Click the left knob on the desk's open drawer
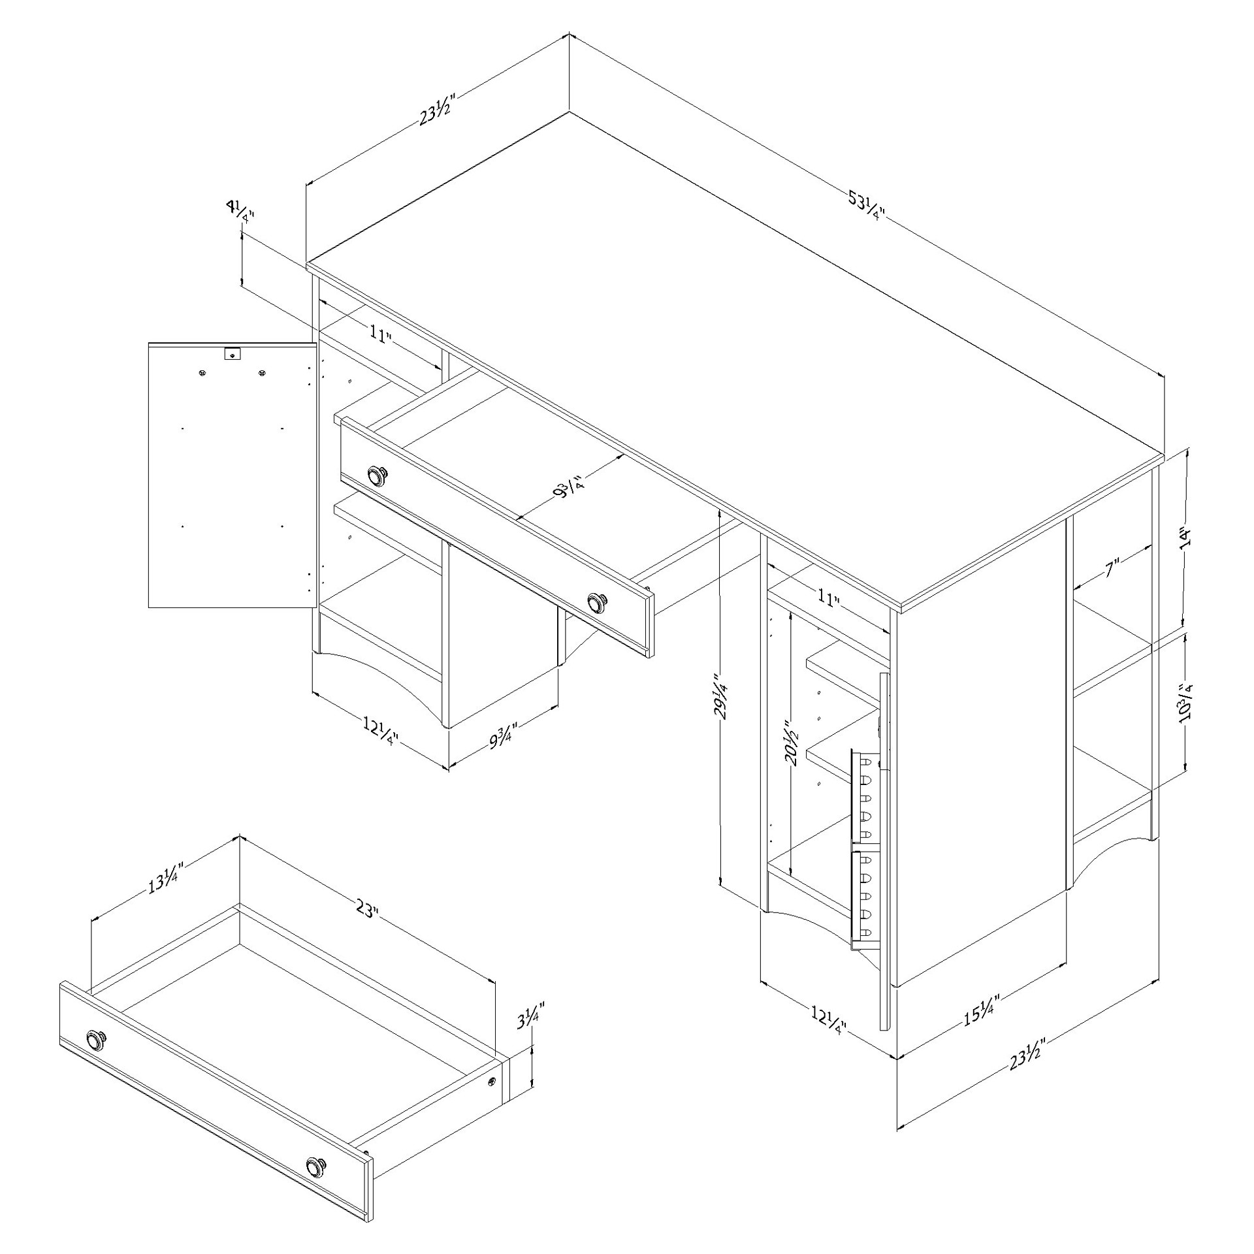pos(377,476)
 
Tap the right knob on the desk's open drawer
pos(596,602)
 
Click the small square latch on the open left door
pos(232,354)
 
